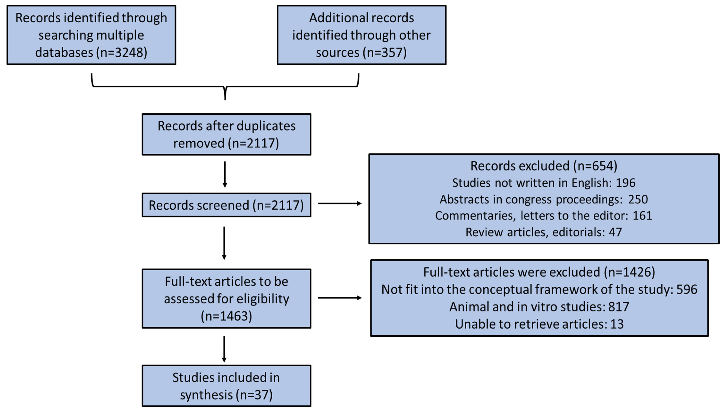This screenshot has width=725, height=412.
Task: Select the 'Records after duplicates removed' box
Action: (x=226, y=134)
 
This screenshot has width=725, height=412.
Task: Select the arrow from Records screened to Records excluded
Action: (x=339, y=203)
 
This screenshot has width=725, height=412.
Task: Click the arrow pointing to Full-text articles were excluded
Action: (x=339, y=298)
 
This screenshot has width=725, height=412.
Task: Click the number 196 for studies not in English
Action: (x=625, y=183)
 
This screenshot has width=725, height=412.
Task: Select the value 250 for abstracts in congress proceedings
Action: (x=638, y=200)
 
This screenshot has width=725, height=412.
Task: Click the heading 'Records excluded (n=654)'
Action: (x=543, y=166)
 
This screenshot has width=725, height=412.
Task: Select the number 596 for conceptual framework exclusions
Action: (x=687, y=289)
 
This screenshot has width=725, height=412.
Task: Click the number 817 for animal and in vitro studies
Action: (x=619, y=307)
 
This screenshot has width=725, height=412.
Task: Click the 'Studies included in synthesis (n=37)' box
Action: (x=226, y=386)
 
